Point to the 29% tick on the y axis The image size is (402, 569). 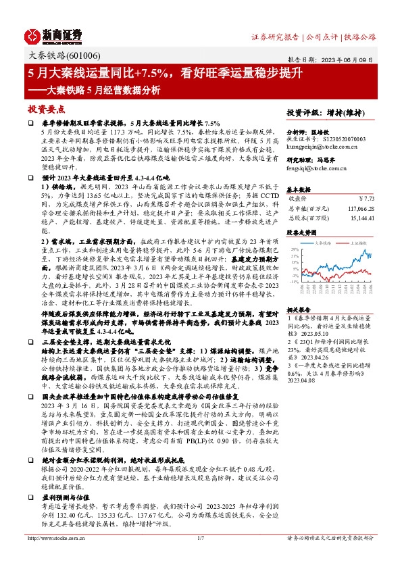[x=295, y=249]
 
